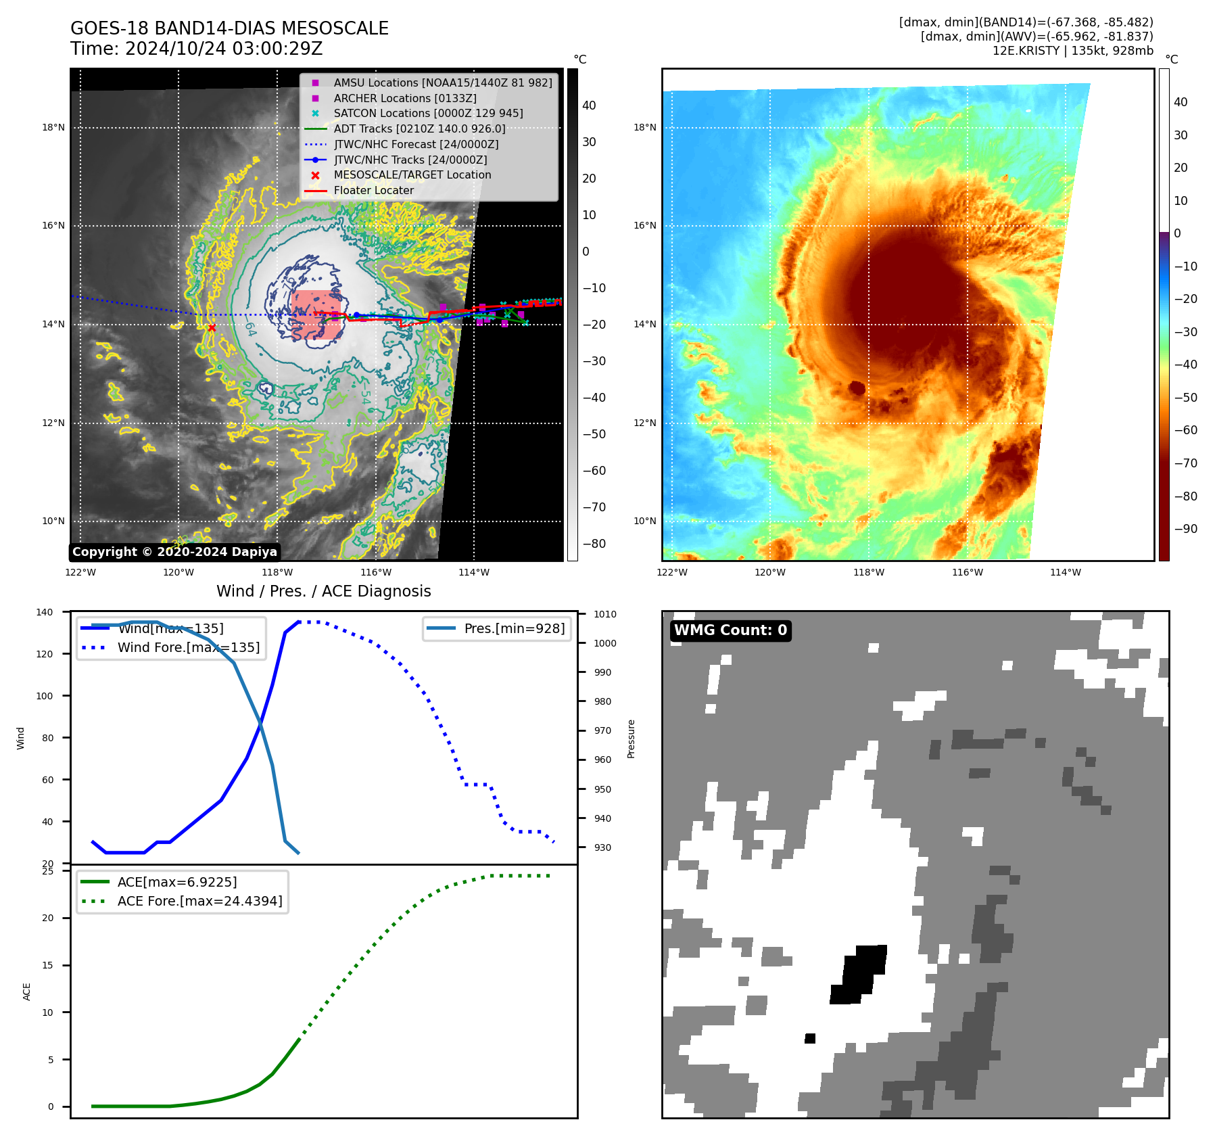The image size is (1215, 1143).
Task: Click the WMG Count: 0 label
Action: click(x=730, y=630)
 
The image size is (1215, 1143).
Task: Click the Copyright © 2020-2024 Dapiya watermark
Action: click(x=174, y=552)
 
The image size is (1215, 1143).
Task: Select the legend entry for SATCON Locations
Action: click(x=428, y=114)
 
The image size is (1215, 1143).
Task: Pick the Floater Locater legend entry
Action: click(x=373, y=191)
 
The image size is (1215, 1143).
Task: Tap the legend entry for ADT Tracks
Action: click(x=419, y=129)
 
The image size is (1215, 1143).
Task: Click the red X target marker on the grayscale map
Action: click(x=212, y=328)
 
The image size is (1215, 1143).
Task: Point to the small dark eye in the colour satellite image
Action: click(x=857, y=388)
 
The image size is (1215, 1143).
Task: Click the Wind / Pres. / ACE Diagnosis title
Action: click(x=323, y=591)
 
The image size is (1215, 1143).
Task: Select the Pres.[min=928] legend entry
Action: click(x=514, y=628)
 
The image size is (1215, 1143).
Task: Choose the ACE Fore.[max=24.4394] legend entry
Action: click(x=199, y=901)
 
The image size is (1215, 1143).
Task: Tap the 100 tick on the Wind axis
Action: click(x=45, y=696)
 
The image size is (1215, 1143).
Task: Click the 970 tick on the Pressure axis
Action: click(x=602, y=731)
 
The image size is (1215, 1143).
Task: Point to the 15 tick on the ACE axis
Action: click(x=47, y=965)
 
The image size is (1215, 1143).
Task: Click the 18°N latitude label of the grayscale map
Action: click(x=53, y=127)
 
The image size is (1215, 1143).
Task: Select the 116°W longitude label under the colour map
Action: click(x=967, y=573)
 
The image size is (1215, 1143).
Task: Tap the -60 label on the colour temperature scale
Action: click(x=1185, y=430)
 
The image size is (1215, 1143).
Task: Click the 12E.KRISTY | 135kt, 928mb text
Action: click(x=1072, y=51)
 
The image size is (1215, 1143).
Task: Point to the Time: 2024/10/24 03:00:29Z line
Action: click(x=196, y=49)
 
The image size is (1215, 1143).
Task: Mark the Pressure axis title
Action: click(x=631, y=739)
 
